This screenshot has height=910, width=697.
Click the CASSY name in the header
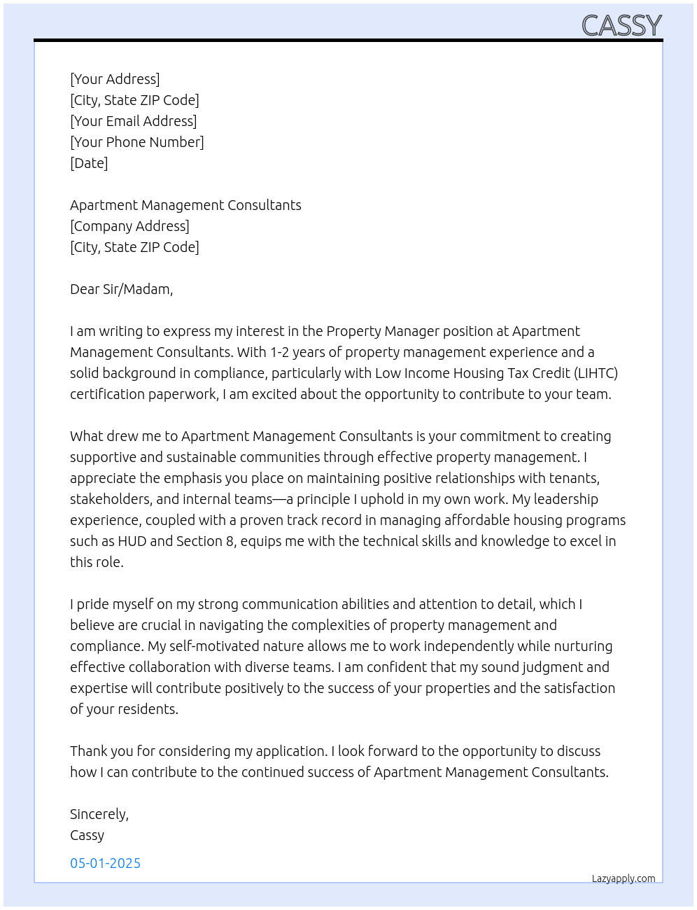point(621,26)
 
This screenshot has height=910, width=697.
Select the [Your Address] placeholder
point(115,79)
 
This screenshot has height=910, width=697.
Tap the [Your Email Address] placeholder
point(133,121)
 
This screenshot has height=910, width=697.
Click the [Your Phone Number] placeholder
point(136,142)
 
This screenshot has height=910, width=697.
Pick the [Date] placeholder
point(89,163)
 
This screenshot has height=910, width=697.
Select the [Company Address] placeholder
point(129,226)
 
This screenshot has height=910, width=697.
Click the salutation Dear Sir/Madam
point(121,289)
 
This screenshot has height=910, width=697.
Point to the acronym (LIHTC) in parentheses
point(596,373)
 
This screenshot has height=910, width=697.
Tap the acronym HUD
point(132,541)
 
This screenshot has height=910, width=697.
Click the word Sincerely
point(99,814)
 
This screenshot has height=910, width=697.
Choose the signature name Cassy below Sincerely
point(87,835)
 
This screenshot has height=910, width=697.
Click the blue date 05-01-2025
point(105,863)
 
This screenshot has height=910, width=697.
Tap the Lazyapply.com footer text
point(623,878)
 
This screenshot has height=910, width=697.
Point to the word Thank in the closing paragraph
point(88,751)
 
